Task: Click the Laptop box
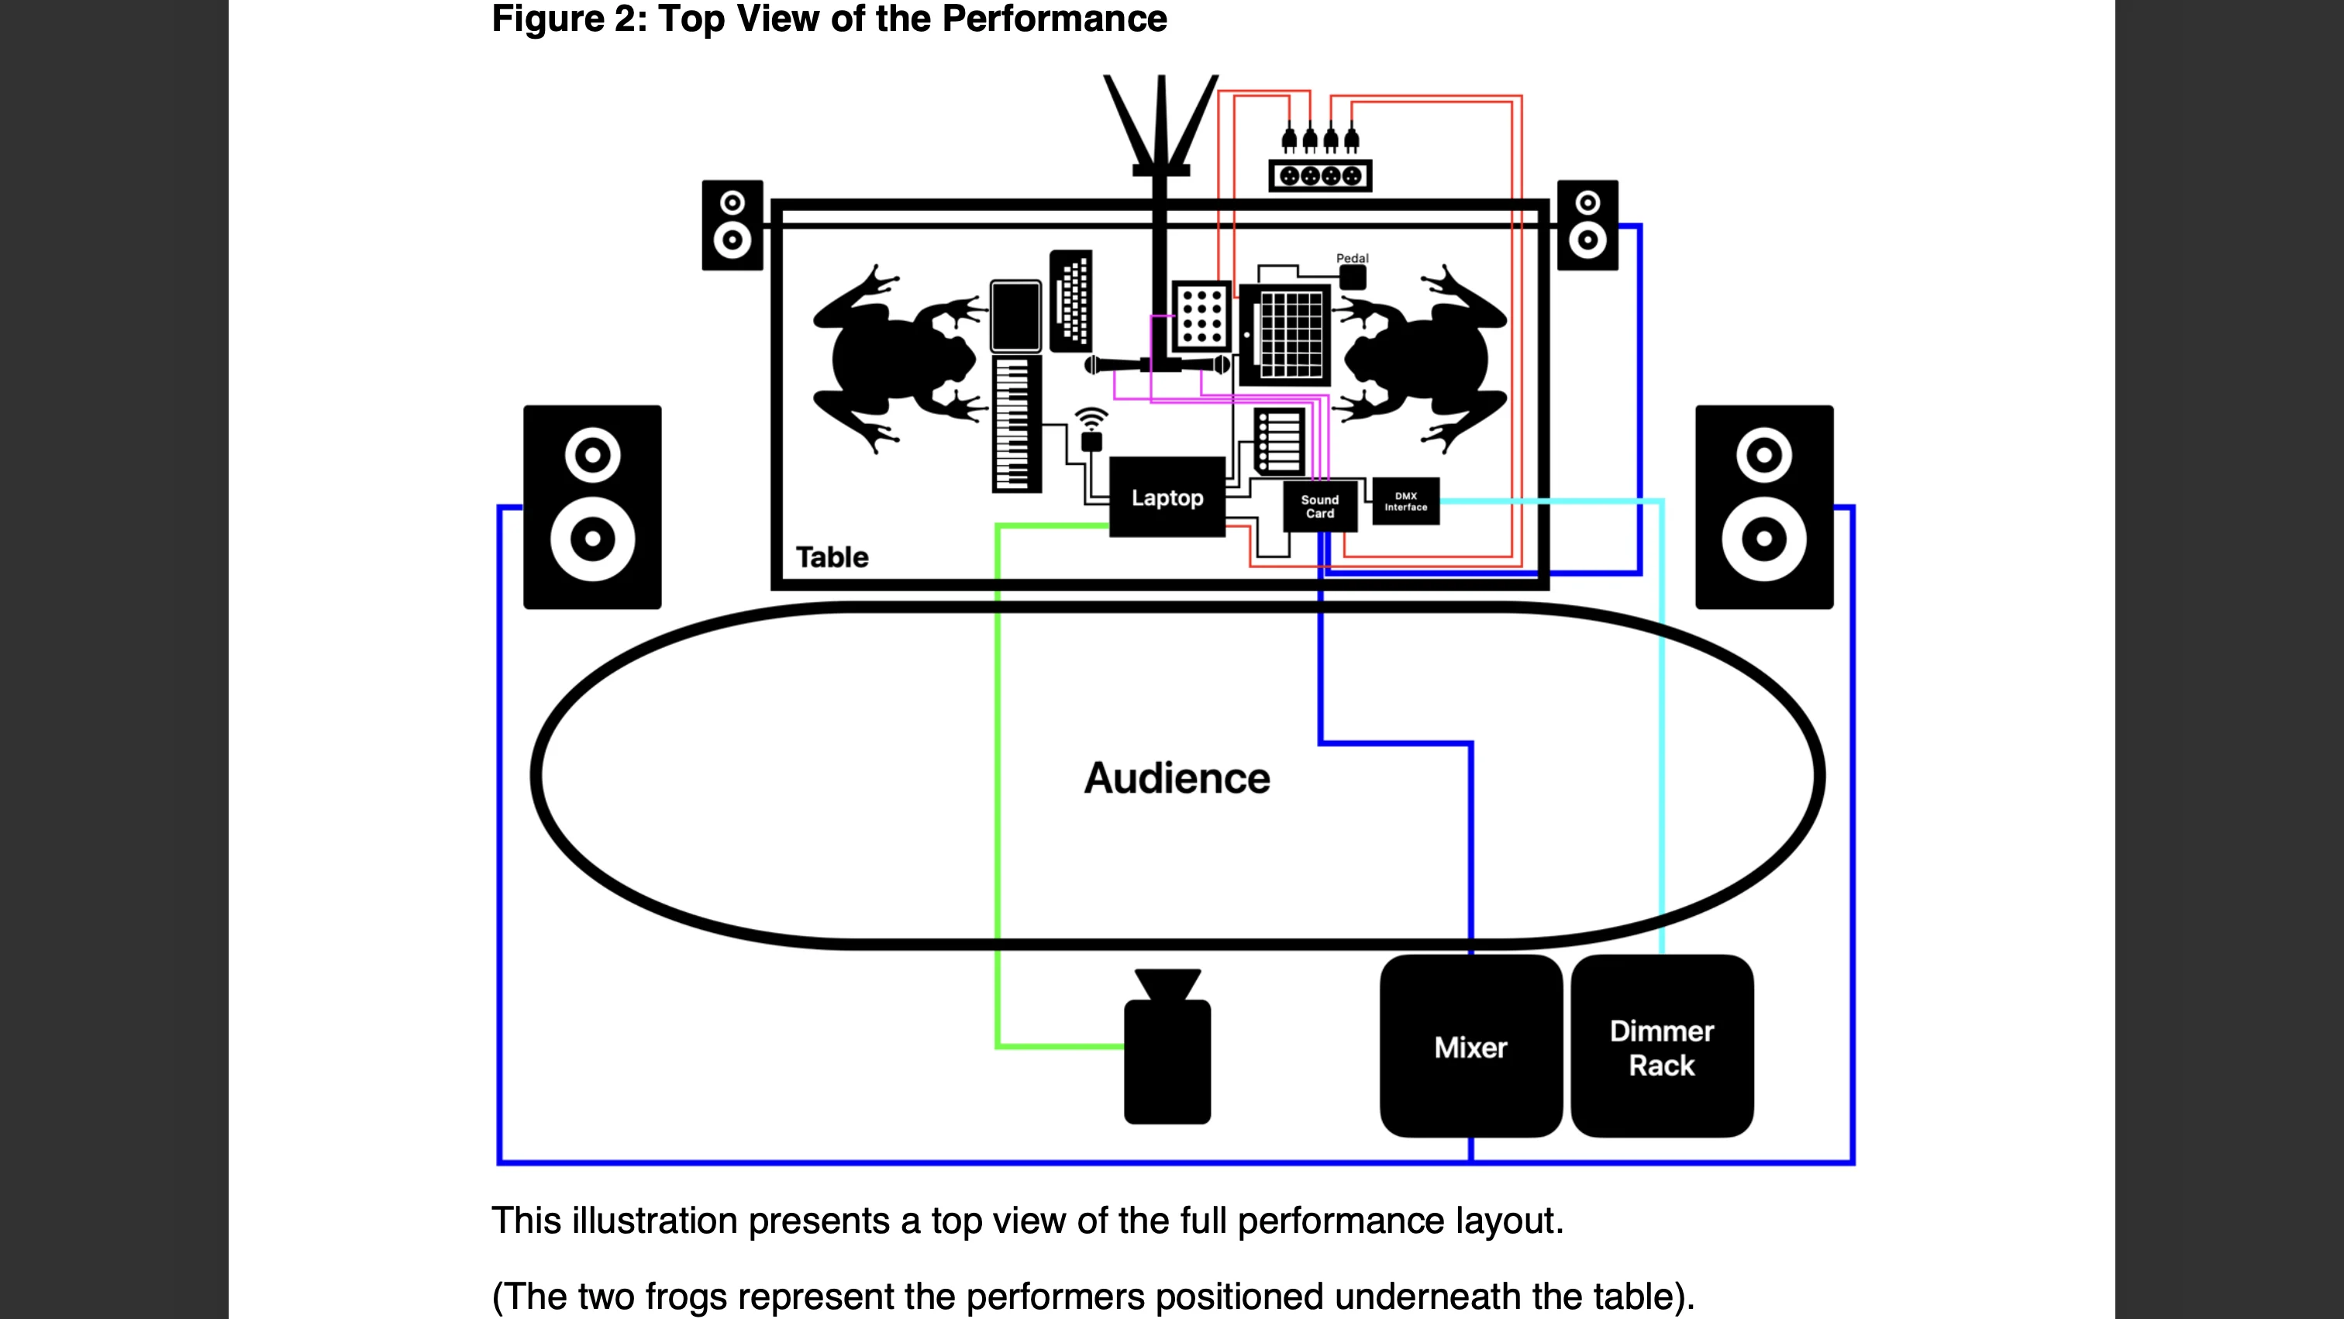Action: tap(1167, 497)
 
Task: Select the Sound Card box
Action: tap(1319, 506)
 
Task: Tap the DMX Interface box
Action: tap(1406, 501)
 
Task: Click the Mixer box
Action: tap(1470, 1046)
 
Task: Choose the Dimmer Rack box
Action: tap(1662, 1046)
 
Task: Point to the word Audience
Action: tap(1177, 779)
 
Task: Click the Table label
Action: tap(832, 556)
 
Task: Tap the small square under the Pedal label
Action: tap(1352, 277)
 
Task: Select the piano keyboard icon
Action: tap(1016, 424)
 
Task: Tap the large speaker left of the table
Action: tap(592, 507)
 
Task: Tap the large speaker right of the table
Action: tap(1763, 507)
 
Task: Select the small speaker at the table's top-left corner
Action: tap(732, 225)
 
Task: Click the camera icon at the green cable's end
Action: tap(1167, 1046)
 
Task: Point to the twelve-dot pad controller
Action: tap(1202, 315)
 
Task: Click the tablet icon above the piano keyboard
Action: tap(1015, 315)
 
